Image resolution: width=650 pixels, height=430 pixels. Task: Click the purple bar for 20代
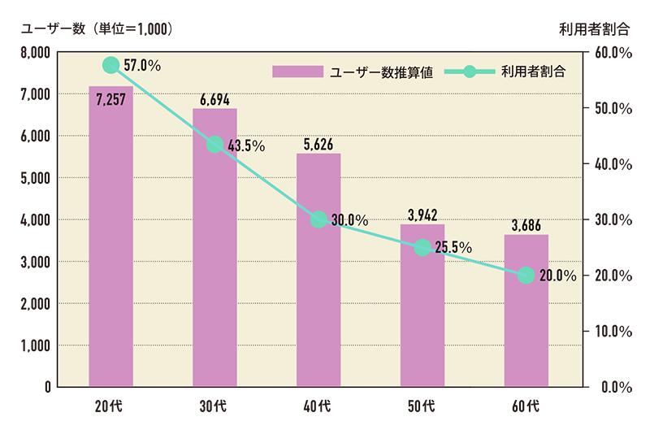[x=111, y=244]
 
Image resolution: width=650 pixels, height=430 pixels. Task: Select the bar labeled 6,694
[x=214, y=260]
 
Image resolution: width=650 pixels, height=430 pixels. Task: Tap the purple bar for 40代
[x=318, y=276]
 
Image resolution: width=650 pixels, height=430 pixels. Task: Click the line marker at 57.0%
[x=112, y=65]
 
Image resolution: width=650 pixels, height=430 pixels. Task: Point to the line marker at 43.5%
[x=214, y=145]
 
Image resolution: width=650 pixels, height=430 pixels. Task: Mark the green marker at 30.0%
[x=318, y=219]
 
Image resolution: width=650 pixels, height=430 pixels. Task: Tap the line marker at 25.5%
[x=422, y=247]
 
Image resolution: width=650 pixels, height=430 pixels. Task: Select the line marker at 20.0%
[x=526, y=276]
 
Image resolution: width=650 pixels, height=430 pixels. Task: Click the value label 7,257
[x=111, y=101]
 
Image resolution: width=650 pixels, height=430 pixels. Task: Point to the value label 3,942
[x=422, y=215]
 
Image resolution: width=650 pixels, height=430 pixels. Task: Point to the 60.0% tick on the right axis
[x=614, y=53]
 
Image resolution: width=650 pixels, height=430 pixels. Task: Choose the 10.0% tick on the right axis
[x=614, y=331]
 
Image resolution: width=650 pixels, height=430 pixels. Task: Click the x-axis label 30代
[x=214, y=405]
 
